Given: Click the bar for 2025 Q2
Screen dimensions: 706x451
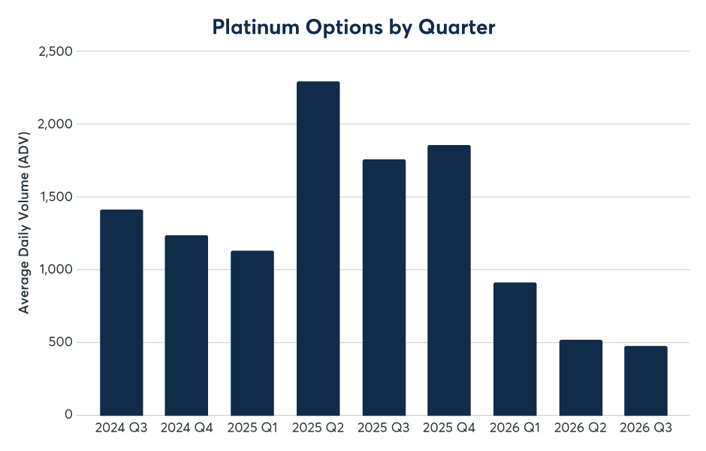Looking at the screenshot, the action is (318, 248).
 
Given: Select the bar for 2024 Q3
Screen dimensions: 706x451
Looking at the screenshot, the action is (122, 313).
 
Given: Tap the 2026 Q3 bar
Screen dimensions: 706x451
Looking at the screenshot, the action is (646, 380).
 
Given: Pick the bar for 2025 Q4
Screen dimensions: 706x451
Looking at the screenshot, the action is (449, 280).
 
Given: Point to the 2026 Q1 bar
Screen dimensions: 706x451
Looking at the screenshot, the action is (514, 350).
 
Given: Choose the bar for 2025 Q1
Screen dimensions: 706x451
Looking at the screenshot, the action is (252, 333).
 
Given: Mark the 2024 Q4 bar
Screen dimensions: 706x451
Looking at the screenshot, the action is (186, 325).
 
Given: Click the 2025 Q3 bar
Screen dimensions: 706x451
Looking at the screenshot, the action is (384, 287).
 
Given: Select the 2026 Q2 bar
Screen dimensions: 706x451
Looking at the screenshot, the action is (581, 377).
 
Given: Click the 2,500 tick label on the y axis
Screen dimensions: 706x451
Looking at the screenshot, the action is (56, 51).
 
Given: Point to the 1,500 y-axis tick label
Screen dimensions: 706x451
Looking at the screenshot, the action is (56, 197).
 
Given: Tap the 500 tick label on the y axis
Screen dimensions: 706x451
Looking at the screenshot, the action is (60, 342).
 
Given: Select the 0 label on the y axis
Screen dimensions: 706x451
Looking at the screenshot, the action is (68, 414).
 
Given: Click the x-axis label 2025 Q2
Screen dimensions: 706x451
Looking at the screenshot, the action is (318, 428).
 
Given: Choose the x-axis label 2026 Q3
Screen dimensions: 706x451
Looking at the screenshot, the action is (646, 428).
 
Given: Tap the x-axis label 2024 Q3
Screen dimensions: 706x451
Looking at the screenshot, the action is (122, 428).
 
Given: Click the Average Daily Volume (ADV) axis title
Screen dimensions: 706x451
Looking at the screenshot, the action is (23, 222).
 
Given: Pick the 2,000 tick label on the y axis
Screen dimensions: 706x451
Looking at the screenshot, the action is (56, 124).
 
